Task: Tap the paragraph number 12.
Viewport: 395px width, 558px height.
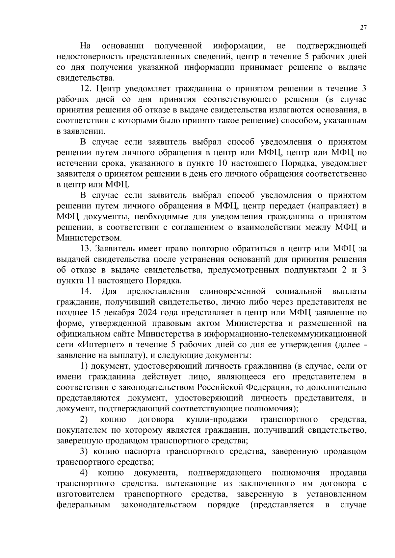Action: pyautogui.click(x=86, y=89)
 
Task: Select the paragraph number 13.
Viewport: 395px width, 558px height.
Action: pyautogui.click(x=86, y=249)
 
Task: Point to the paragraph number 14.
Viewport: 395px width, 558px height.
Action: pyautogui.click(x=86, y=291)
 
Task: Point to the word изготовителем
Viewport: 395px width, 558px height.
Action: pyautogui.click(x=86, y=494)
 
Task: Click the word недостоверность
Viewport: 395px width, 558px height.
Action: pyautogui.click(x=89, y=57)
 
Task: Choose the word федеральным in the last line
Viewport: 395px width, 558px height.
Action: pyautogui.click(x=83, y=505)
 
